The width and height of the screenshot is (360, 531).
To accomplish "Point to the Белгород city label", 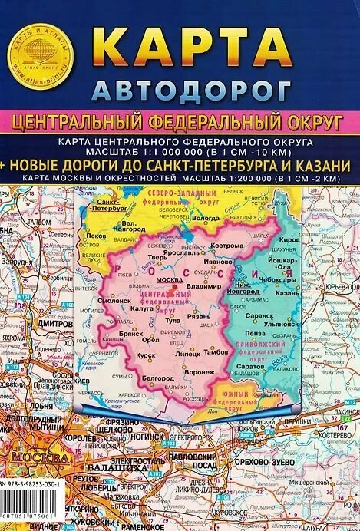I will [158, 378].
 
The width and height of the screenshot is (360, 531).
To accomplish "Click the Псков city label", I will [96, 236].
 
